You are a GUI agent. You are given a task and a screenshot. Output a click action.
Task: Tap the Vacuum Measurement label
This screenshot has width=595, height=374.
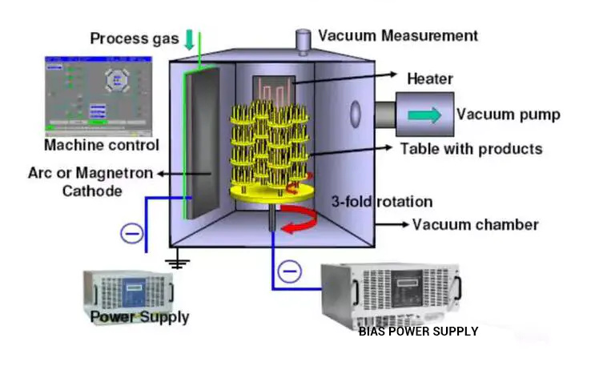(398, 36)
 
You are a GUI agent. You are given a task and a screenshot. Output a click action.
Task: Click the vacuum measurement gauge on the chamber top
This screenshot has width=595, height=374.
(303, 39)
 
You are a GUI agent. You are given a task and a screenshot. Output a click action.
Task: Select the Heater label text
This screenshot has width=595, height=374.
(430, 78)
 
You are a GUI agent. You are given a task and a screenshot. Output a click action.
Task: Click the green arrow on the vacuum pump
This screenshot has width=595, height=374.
(423, 115)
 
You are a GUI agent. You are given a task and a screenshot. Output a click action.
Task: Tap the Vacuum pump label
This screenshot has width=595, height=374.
(508, 114)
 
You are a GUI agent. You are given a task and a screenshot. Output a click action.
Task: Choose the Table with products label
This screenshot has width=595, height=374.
(471, 148)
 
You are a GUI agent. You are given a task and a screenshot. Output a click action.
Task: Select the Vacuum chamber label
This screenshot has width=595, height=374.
(476, 224)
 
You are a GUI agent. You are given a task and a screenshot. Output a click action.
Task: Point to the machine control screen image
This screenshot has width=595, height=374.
(97, 94)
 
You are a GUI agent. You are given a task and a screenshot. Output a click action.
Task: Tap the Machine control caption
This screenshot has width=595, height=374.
(101, 145)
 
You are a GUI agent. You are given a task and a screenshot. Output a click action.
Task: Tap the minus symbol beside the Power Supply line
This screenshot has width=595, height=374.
(131, 233)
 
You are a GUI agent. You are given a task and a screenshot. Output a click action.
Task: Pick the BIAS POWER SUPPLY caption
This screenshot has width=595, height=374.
(418, 331)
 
